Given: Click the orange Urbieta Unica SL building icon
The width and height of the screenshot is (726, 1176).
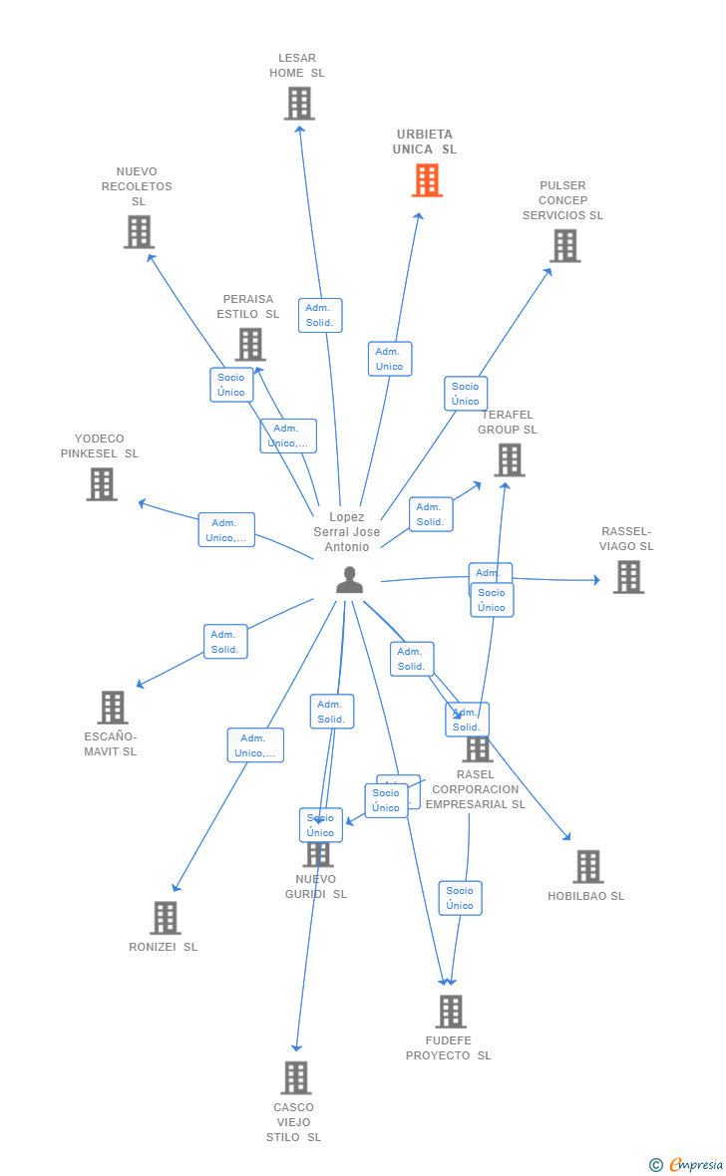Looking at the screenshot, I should [427, 180].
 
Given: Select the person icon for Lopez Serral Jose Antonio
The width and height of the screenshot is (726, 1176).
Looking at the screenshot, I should [349, 580].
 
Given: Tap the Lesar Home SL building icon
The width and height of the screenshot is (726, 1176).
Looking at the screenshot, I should [299, 104].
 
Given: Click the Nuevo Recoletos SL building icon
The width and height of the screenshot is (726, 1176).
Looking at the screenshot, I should [139, 232].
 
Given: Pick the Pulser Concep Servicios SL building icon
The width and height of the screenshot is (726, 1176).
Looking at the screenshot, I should [564, 246].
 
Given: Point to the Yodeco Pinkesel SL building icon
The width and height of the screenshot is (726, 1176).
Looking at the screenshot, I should [102, 484].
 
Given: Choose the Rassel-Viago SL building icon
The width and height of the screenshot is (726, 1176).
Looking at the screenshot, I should [628, 577].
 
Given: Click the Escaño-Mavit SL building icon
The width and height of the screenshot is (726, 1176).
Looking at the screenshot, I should [113, 708].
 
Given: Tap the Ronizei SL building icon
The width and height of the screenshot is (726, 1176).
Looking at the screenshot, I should [165, 918].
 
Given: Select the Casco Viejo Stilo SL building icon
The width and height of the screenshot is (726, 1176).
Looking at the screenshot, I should [295, 1078].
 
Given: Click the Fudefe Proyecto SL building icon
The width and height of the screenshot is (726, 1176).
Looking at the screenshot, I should [451, 1012].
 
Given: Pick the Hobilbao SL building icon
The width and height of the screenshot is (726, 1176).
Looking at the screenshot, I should [588, 867].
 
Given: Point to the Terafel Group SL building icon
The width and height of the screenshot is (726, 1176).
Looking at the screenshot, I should [510, 460].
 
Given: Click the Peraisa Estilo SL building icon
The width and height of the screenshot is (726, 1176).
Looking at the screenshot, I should [250, 345].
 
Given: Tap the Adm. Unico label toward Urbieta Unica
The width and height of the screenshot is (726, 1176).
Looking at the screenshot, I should [389, 359].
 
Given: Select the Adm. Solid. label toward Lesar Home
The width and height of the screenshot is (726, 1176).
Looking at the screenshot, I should [319, 315].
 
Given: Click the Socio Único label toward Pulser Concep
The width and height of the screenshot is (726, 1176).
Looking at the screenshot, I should [465, 394].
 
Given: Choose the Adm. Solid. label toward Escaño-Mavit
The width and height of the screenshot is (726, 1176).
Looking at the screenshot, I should [225, 642].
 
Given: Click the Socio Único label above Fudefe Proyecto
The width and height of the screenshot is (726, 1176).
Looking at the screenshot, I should [460, 898].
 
